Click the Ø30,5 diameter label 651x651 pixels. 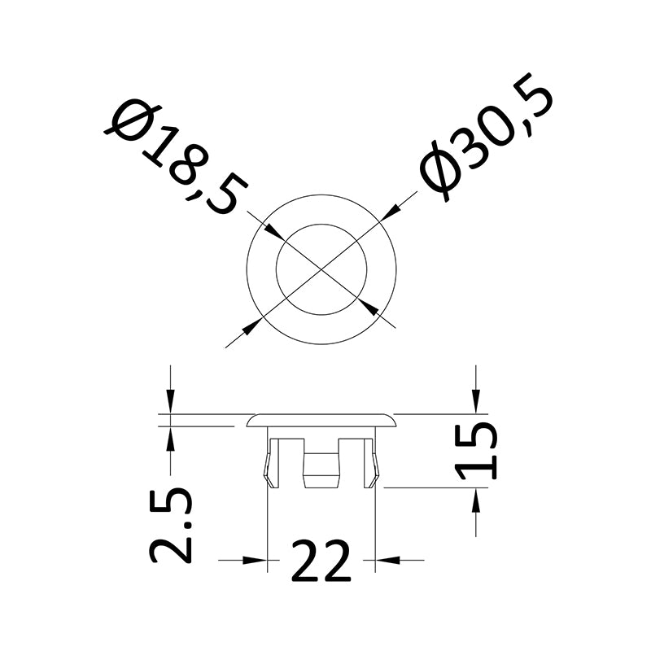point(486,138)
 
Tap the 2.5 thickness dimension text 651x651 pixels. point(171,525)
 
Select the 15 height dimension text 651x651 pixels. point(476,451)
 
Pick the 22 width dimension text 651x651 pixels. point(321,561)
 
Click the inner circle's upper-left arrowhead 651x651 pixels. point(275,232)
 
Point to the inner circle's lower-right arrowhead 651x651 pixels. point(369,308)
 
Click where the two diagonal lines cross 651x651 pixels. point(321,269)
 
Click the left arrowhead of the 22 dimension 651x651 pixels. point(254,560)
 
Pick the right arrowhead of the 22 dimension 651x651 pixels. point(388,560)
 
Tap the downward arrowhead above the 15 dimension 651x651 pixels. point(476,401)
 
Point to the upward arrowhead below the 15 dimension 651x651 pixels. point(476,500)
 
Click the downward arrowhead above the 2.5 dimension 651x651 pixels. point(170,401)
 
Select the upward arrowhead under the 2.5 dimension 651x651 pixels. point(170,439)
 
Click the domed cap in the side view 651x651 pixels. point(321,420)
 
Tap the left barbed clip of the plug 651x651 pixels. point(271,463)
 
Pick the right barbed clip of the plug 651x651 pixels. point(372,463)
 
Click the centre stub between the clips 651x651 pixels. point(321,470)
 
